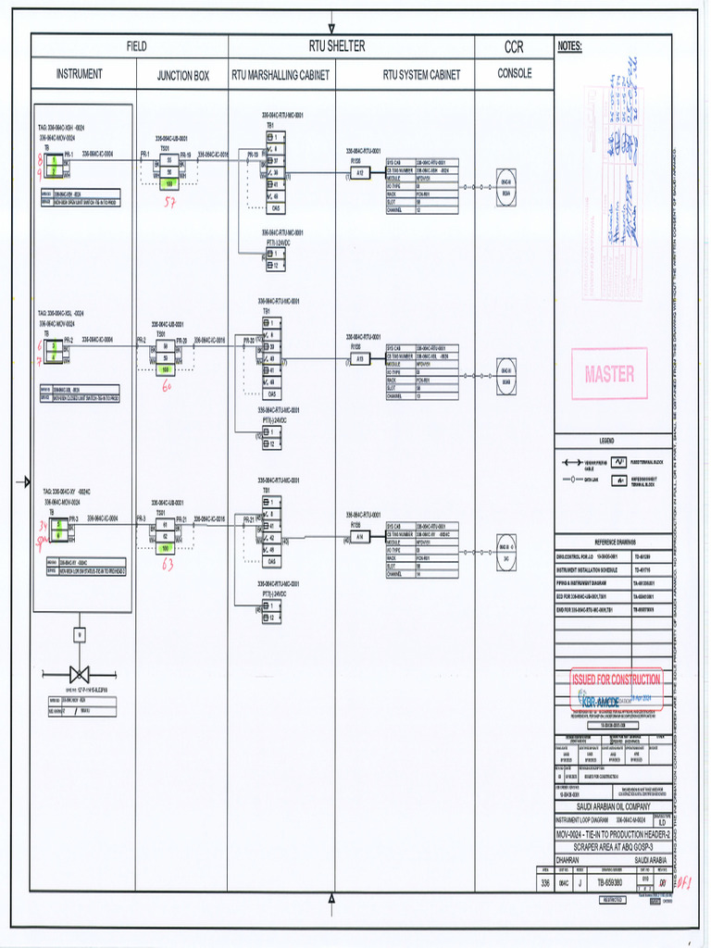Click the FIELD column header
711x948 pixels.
click(x=137, y=46)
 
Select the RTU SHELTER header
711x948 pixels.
click(x=337, y=45)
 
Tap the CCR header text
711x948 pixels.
click(x=514, y=47)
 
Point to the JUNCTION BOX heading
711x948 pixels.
click(x=182, y=75)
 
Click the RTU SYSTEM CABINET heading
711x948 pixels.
click(x=421, y=74)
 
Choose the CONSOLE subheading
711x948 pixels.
click(x=515, y=73)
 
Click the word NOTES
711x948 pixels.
click(x=570, y=46)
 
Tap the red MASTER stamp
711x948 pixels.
click(x=609, y=374)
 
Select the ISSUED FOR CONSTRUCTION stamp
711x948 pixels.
click(x=617, y=680)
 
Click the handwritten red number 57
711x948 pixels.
click(x=169, y=202)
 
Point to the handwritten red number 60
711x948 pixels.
click(x=167, y=386)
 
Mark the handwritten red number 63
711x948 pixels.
click(x=167, y=565)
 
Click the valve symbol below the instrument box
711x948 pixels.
click(x=81, y=673)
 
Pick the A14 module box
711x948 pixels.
click(x=359, y=537)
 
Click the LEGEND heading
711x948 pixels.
click(x=607, y=441)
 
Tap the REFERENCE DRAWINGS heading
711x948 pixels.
click(x=607, y=543)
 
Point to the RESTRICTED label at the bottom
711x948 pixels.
click(x=613, y=899)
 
